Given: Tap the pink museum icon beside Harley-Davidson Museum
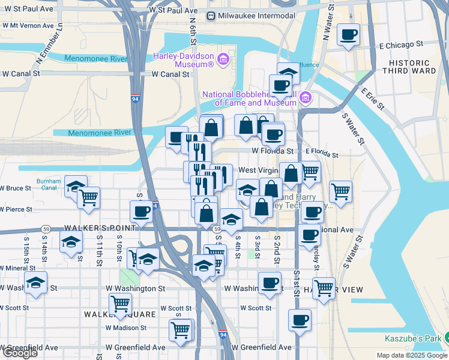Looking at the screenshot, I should click(x=223, y=59).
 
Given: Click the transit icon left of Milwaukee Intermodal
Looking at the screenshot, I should click(x=211, y=15).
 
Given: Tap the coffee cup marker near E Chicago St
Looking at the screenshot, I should click(x=348, y=35).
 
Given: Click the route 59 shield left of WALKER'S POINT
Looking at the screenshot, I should click(x=46, y=229).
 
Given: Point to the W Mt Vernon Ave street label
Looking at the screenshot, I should click(x=31, y=26).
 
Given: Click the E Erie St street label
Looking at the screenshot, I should click(x=372, y=100).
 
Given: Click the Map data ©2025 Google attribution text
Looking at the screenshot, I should click(x=412, y=355).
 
